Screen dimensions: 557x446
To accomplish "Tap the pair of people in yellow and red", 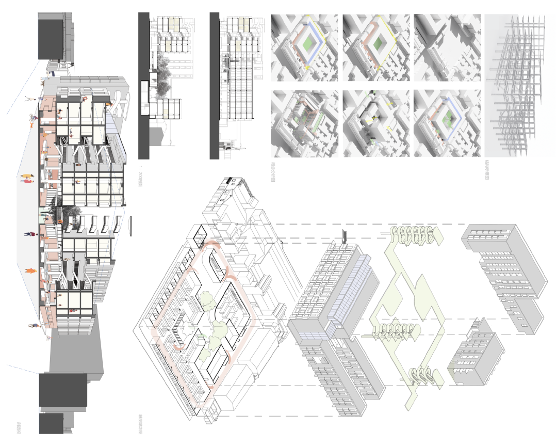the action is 26,178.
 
